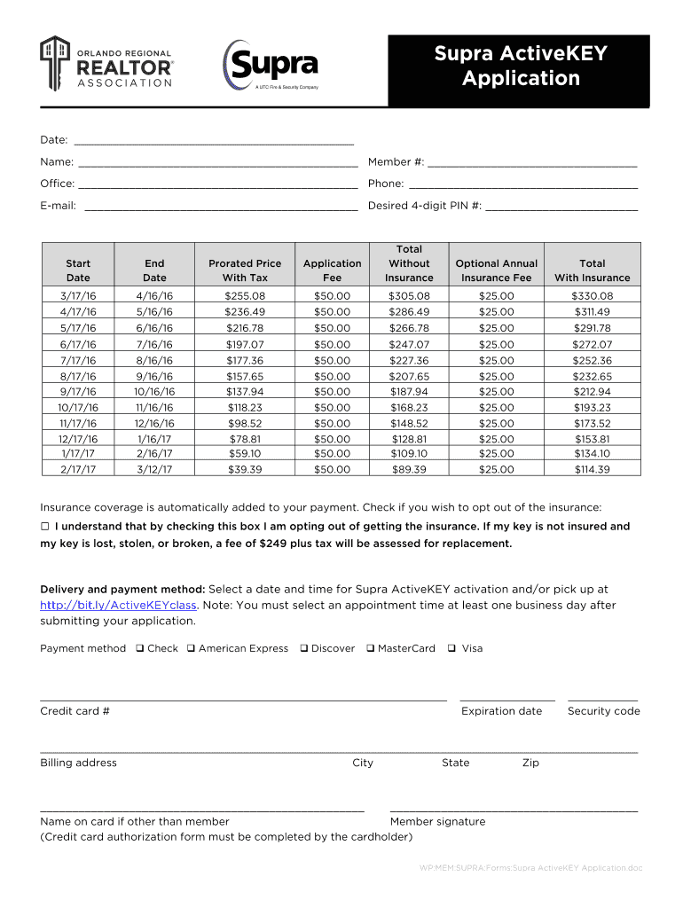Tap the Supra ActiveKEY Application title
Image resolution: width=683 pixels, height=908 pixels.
pos(520,67)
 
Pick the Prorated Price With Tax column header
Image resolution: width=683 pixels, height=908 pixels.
pos(245,270)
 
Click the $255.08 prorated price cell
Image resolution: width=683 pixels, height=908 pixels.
pos(245,296)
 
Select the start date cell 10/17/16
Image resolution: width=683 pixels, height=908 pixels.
pos(78,407)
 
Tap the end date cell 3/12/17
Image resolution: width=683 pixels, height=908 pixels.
pos(154,470)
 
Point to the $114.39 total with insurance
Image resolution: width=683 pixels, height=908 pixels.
pos(592,470)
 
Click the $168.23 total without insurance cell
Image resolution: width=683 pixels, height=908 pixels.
pos(409,407)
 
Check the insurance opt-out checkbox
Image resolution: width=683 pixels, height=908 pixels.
pos(45,527)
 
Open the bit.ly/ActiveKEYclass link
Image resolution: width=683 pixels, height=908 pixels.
pos(118,606)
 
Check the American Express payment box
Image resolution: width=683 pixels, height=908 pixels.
pos(191,649)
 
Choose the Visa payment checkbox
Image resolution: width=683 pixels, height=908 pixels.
pos(452,649)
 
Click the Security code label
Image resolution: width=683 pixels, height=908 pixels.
pos(603,711)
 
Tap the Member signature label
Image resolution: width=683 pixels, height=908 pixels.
pos(437,822)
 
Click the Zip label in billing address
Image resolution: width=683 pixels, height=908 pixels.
pos(530,763)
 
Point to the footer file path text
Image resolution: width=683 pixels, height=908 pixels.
pos(530,868)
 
